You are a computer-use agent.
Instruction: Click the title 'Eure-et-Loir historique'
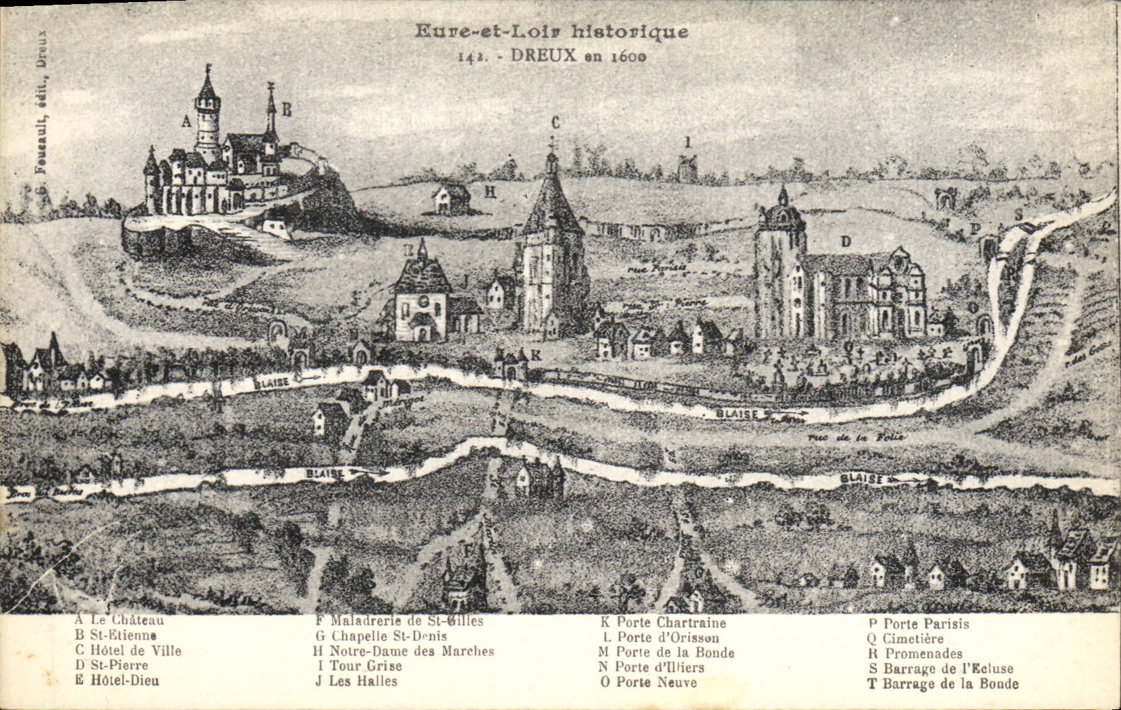click(551, 32)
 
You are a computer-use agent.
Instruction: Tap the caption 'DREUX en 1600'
click(578, 56)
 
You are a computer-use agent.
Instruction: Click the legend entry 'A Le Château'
click(119, 620)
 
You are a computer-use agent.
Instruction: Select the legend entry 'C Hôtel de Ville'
click(128, 651)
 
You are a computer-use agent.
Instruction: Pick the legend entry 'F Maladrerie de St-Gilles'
click(399, 621)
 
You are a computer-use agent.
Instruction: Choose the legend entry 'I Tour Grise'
click(358, 666)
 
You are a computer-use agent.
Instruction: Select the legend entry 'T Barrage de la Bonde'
click(943, 684)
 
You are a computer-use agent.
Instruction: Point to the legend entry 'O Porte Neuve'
click(648, 682)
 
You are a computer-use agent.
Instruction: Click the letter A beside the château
click(186, 121)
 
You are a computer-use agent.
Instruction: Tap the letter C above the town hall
click(555, 122)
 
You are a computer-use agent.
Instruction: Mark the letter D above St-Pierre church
click(845, 241)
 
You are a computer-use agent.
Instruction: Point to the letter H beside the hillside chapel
click(490, 192)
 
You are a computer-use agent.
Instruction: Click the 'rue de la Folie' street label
click(856, 437)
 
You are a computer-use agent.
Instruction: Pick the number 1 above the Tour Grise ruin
click(688, 142)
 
